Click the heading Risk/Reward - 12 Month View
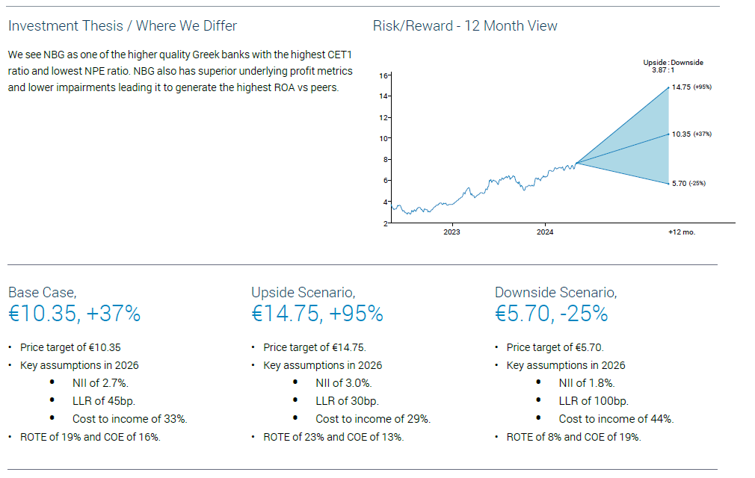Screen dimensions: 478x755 [465, 26]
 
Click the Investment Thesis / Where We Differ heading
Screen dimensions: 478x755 [123, 26]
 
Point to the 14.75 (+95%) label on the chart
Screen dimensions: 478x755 [691, 87]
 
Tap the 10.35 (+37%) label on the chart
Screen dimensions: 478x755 [691, 134]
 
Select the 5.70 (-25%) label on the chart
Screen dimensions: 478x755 [688, 184]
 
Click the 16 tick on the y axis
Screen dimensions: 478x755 [383, 75]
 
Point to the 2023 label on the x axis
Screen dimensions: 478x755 [452, 232]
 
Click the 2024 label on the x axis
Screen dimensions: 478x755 [545, 232]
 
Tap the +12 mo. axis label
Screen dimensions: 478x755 [681, 232]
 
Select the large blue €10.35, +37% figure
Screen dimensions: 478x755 [74, 314]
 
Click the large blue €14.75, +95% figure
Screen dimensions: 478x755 [317, 314]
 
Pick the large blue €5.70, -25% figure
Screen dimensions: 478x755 [552, 314]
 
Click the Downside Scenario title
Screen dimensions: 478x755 [555, 293]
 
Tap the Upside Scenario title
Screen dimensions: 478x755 [303, 293]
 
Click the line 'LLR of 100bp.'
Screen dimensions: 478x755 [592, 401]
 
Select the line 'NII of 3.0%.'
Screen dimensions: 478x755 [343, 383]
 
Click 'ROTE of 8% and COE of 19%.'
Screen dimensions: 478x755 [573, 437]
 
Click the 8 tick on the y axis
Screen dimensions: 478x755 [386, 160]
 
